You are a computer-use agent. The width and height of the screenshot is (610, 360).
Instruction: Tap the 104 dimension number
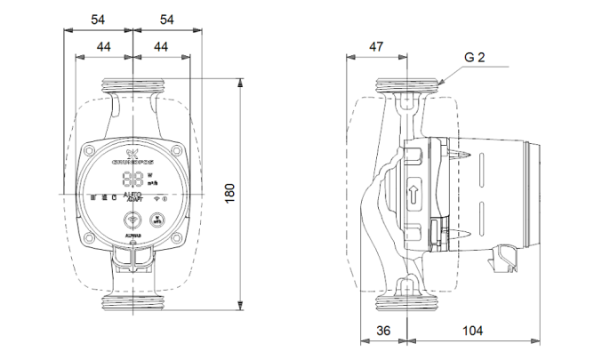(x=474, y=331)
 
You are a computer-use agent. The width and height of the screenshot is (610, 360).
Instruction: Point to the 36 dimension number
(x=382, y=331)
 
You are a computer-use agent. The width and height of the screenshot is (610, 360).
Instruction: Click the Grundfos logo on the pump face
(x=131, y=159)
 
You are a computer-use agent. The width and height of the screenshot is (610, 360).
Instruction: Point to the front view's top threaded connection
(x=131, y=87)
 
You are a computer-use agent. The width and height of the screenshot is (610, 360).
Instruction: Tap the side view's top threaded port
(x=406, y=87)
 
